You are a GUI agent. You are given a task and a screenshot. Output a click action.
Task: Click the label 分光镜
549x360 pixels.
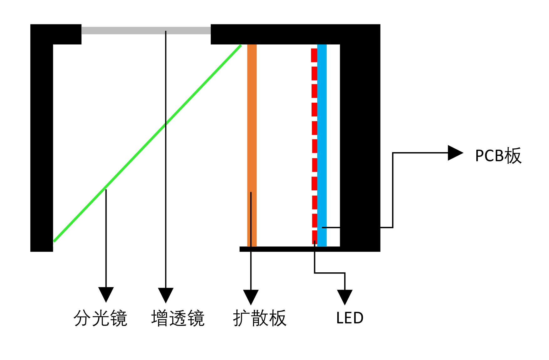100,318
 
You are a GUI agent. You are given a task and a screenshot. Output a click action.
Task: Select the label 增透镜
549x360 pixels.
178,318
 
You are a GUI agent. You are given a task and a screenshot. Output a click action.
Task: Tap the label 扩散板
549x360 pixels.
260,318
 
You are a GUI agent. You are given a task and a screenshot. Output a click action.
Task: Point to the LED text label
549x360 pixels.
350,318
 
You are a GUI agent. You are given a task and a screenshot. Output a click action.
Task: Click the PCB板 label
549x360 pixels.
498,156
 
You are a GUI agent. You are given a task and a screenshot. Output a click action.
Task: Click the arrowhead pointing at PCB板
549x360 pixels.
455,153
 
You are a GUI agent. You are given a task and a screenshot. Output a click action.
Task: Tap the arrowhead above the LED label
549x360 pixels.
344,296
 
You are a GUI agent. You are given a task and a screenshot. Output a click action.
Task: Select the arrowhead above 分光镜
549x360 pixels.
106,294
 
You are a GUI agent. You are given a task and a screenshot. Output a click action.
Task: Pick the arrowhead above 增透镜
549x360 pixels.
166,295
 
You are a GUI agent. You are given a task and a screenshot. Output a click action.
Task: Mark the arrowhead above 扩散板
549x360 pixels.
251,296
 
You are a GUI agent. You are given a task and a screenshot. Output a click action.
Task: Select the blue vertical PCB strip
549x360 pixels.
322,141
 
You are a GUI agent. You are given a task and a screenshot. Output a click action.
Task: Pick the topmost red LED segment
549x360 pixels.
314,55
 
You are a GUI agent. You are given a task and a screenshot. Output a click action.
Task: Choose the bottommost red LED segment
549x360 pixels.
314,237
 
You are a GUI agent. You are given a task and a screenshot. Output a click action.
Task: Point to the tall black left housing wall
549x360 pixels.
41,147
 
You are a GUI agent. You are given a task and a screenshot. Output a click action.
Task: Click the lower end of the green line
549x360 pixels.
55,240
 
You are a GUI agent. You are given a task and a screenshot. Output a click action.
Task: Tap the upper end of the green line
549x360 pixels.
240,46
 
